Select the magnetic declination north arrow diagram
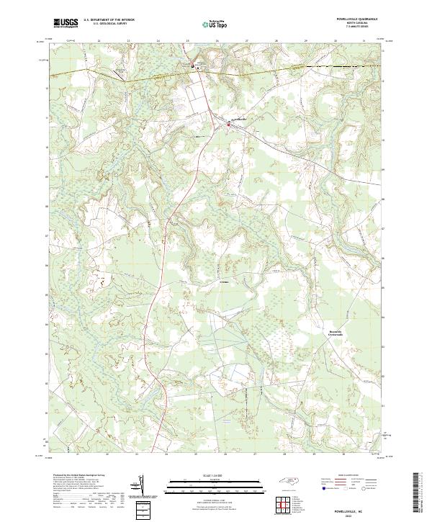tap(140, 487)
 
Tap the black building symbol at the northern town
tap(192, 67)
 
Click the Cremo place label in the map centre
tap(223, 282)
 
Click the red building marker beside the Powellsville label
tap(229, 125)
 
